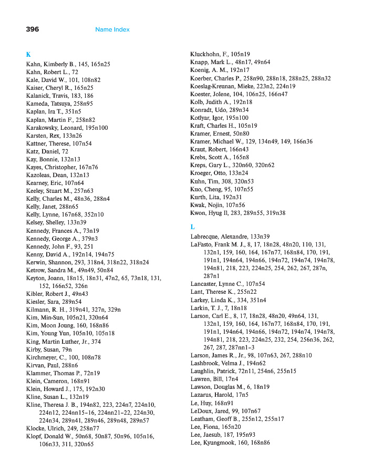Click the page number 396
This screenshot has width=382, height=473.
pyautogui.click(x=32, y=29)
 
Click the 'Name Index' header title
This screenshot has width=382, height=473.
pyautogui.click(x=112, y=29)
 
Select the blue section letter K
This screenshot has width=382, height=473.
pyautogui.click(x=28, y=54)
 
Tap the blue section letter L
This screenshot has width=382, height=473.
pyautogui.click(x=192, y=227)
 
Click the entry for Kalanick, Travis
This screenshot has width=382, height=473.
pyautogui.click(x=48, y=96)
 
